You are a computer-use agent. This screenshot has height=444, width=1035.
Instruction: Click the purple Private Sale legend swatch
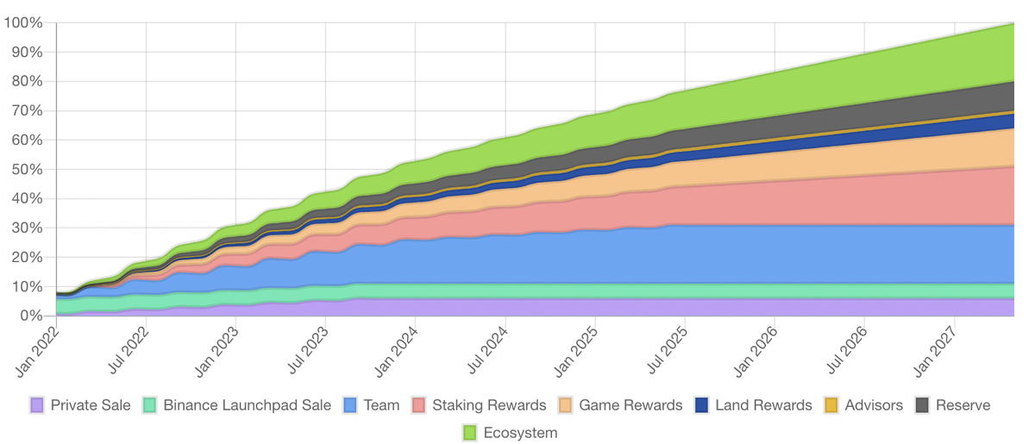[x=36, y=405]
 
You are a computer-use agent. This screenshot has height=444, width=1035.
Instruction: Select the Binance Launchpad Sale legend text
[x=247, y=405]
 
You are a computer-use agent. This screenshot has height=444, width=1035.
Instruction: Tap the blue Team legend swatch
[x=350, y=405]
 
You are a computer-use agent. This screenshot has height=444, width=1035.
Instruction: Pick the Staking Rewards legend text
[x=489, y=405]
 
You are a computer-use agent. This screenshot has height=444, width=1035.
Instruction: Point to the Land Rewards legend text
[x=763, y=405]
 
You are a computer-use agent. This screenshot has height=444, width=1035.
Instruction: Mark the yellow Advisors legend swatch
[x=831, y=405]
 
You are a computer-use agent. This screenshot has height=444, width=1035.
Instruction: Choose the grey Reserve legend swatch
[x=922, y=405]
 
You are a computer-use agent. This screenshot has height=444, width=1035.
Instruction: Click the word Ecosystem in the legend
[x=521, y=433]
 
